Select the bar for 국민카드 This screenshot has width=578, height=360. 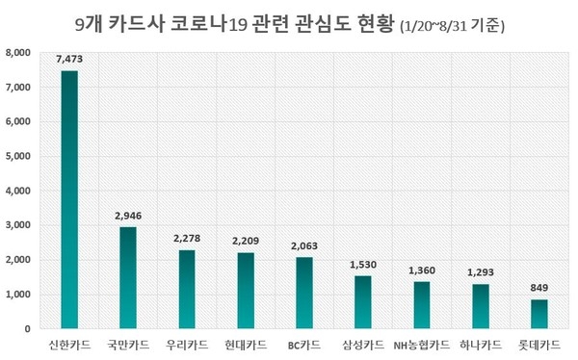point(128,277)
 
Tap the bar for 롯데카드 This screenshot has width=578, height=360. point(539,314)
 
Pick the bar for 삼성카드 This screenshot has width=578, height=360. point(363,302)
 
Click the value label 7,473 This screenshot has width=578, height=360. point(69,60)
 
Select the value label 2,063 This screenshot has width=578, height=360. point(304,246)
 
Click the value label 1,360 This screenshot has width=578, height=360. point(422,270)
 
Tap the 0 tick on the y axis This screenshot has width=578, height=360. point(29,329)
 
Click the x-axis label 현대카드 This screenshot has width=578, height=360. point(246,344)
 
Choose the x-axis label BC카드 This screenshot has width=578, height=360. point(304,344)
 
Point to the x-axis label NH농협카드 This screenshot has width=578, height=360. point(422,344)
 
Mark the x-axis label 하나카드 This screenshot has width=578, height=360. point(481,344)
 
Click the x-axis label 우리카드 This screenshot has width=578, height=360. point(187,344)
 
